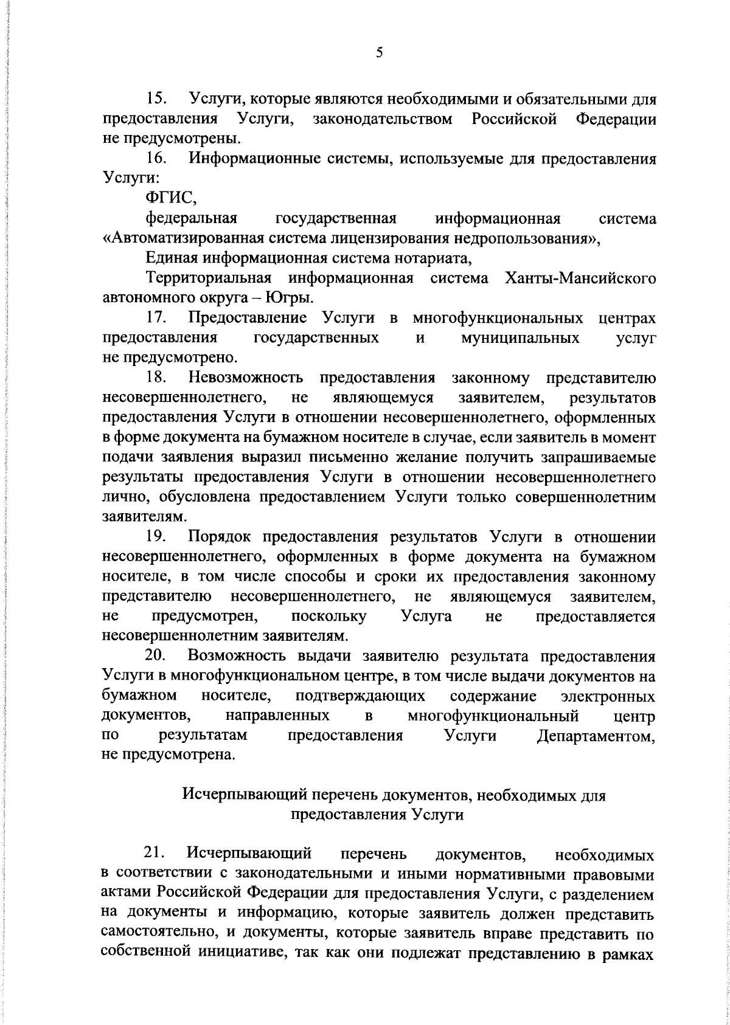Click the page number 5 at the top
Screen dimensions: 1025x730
[379, 53]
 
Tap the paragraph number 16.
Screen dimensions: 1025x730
[158, 159]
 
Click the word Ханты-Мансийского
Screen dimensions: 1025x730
[580, 279]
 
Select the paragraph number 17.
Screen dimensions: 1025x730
[158, 319]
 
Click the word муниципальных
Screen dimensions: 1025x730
[521, 339]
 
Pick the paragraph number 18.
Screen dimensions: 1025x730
[158, 378]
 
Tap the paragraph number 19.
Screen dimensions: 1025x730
[158, 537]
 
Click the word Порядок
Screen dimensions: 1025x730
[220, 537]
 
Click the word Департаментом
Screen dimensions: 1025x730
[597, 736]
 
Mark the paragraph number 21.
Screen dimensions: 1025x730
[158, 854]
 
